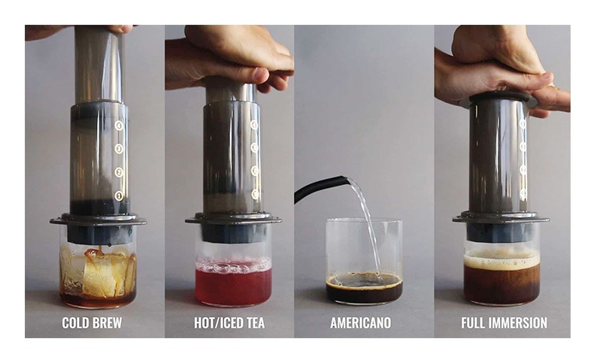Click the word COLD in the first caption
75,323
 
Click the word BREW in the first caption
107,323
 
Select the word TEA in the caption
256,323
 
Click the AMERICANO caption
361,323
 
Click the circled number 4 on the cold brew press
119,125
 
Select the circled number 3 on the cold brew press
119,148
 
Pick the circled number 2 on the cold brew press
119,172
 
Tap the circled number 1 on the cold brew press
119,195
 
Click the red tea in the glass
233,286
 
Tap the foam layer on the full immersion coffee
502,261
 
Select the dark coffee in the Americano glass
364,288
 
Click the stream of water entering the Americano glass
368,227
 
